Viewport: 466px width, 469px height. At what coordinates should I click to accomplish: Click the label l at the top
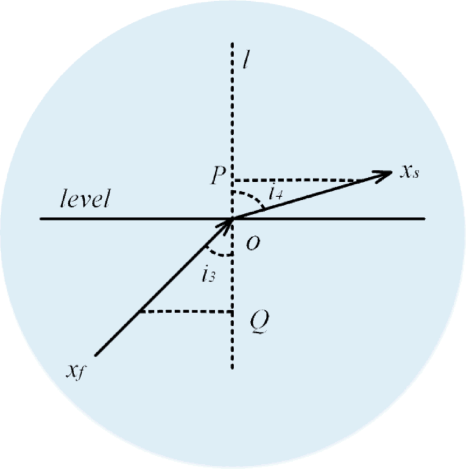[245, 61]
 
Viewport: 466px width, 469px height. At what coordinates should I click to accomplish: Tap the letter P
[218, 176]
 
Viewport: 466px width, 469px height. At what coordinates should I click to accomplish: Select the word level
[85, 199]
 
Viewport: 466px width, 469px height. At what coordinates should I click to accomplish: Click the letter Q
[259, 322]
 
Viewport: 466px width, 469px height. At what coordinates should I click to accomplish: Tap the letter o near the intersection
[253, 243]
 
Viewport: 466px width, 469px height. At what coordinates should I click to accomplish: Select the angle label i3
[208, 276]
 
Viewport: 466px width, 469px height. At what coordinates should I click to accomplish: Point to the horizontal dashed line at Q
[186, 312]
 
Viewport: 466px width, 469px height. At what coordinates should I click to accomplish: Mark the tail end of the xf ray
[96, 355]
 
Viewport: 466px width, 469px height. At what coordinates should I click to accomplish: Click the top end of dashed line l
[232, 44]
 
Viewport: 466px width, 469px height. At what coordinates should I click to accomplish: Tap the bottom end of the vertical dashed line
[232, 367]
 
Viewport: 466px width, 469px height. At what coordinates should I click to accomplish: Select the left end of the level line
[41, 218]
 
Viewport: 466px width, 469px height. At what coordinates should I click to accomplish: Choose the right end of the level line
[424, 218]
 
